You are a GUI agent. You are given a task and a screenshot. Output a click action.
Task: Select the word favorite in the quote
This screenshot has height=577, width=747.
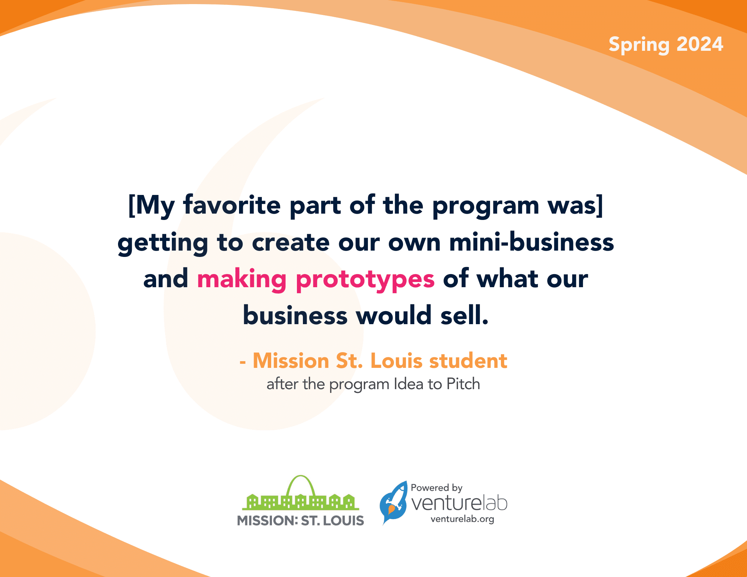[232, 205]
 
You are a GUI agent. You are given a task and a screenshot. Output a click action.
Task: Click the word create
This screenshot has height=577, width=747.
[291, 242]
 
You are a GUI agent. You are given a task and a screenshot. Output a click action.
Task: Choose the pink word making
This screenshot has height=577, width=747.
[242, 279]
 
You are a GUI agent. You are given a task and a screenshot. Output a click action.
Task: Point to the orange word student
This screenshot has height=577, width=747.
[468, 361]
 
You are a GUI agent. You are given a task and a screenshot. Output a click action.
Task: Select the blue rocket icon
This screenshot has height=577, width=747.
[393, 502]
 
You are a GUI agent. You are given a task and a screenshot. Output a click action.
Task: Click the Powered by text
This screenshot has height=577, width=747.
[436, 488]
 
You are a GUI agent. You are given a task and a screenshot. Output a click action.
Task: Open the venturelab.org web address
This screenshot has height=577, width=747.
[462, 519]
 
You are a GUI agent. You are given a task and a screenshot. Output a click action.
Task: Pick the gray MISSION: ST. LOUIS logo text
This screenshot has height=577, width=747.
[300, 521]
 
